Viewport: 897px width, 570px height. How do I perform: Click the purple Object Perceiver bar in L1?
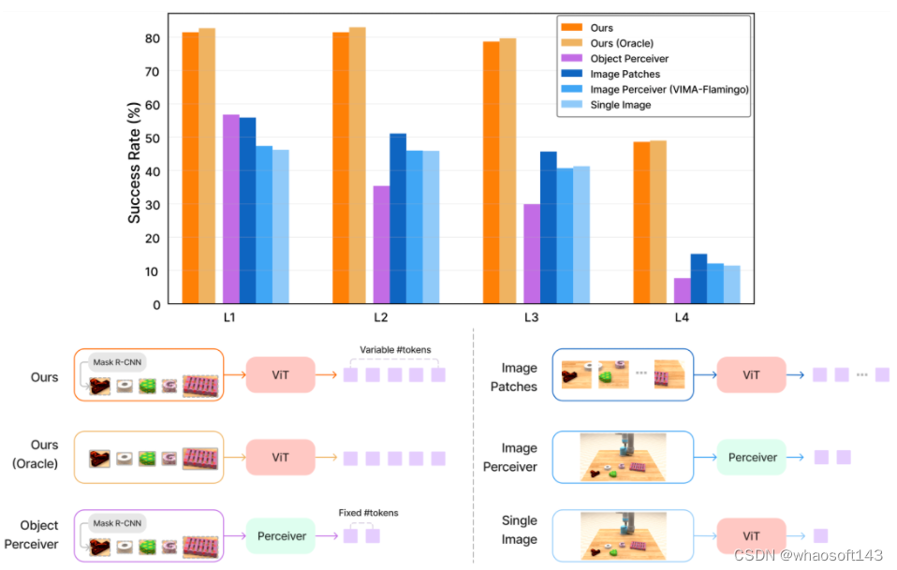coord(230,210)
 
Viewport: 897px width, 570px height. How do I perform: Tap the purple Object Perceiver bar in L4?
coord(682,291)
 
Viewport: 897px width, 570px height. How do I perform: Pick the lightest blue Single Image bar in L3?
coord(581,235)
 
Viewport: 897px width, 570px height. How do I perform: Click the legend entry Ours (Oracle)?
coord(622,43)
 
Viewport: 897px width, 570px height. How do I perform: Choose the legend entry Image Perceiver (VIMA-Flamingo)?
coord(669,89)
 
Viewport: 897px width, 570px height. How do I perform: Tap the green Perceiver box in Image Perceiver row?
coord(752,457)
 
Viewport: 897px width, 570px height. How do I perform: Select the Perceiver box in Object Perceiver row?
coord(282,536)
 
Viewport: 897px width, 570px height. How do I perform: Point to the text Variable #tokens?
coord(396,351)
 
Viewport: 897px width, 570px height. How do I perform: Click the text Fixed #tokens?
coord(368,513)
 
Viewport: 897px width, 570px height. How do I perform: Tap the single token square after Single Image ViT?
coord(820,536)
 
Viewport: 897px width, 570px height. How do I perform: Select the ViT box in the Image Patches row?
coord(751,374)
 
